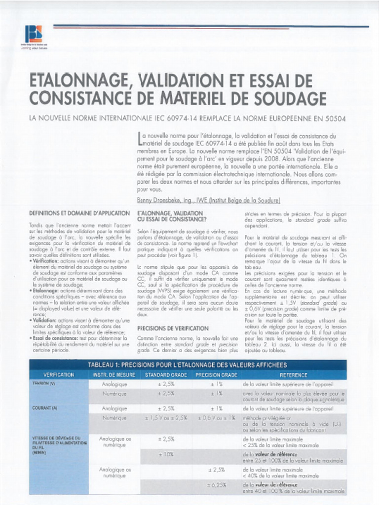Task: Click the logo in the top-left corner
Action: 33,35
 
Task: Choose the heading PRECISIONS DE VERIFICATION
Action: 173,328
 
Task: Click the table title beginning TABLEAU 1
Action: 187,365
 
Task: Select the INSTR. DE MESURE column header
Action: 114,375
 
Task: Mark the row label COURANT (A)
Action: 45,408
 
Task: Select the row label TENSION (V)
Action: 44,384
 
